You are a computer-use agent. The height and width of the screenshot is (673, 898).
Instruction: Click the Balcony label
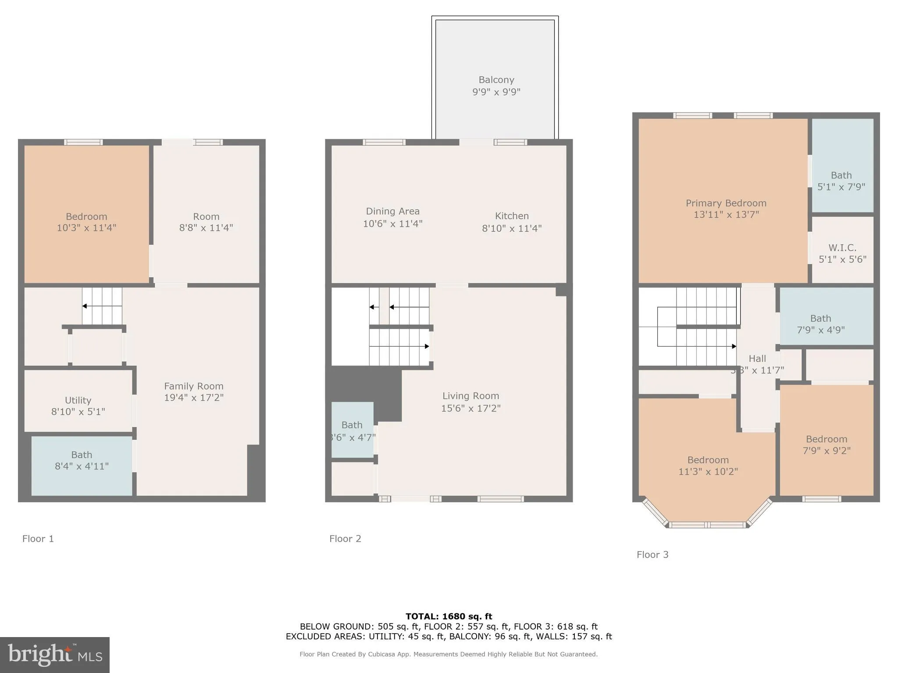pos(496,80)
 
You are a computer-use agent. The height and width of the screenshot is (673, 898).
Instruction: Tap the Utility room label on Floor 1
pos(78,400)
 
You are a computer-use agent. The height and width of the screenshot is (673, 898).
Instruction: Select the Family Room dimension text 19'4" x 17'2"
pos(194,398)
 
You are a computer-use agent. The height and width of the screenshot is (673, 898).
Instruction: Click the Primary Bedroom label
pos(726,203)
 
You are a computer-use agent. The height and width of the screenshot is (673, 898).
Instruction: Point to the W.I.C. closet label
pos(842,248)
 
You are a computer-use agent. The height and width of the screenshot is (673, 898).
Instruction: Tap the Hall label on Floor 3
pos(757,359)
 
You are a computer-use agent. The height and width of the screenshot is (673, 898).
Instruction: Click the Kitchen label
pos(512,216)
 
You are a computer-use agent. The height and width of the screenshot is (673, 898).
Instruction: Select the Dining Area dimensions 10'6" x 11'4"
pos(392,224)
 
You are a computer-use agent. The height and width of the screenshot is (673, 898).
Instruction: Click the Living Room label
pos(470,396)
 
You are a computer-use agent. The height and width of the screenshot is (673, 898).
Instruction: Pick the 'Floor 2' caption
pos(345,539)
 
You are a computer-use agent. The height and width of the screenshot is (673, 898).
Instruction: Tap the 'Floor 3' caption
pos(652,555)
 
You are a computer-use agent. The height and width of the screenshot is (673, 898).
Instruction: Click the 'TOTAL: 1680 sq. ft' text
pos(449,616)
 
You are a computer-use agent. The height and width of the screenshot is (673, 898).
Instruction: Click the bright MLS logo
pos(55,655)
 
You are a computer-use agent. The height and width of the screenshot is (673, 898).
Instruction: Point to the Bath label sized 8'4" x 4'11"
pos(82,455)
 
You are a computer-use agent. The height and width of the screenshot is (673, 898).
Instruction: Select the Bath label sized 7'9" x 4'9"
pos(820,319)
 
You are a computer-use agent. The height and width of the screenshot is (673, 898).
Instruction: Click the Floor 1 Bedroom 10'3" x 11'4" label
pos(86,217)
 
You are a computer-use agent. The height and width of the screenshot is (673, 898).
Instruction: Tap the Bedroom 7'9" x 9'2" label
pos(826,439)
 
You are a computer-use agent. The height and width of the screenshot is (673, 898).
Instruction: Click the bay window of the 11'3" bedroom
pos(707,524)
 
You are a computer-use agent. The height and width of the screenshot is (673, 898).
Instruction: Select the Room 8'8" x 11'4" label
pos(206,217)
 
